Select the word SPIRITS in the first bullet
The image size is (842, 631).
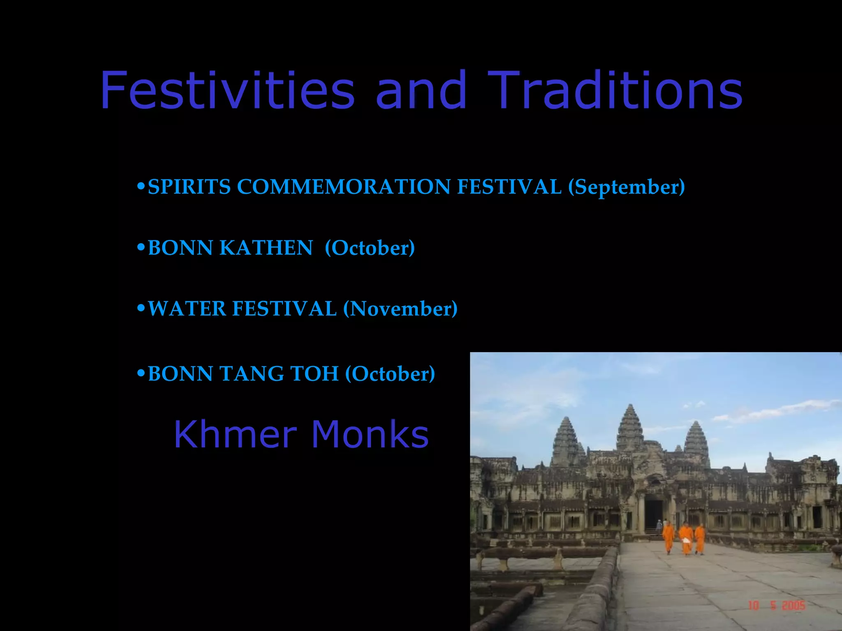click(189, 187)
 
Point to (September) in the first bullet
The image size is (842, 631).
click(626, 187)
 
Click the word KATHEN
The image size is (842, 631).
click(266, 248)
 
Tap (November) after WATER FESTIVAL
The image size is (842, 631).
click(400, 309)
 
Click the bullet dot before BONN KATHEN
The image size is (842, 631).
click(141, 247)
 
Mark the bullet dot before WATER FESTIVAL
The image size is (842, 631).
click(141, 308)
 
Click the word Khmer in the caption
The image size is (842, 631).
click(235, 434)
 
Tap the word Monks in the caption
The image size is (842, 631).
click(370, 434)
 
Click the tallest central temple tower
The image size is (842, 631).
click(629, 427)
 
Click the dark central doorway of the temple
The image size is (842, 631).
click(653, 514)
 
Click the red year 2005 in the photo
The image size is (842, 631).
click(793, 606)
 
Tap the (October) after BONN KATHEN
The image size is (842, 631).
click(370, 248)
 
